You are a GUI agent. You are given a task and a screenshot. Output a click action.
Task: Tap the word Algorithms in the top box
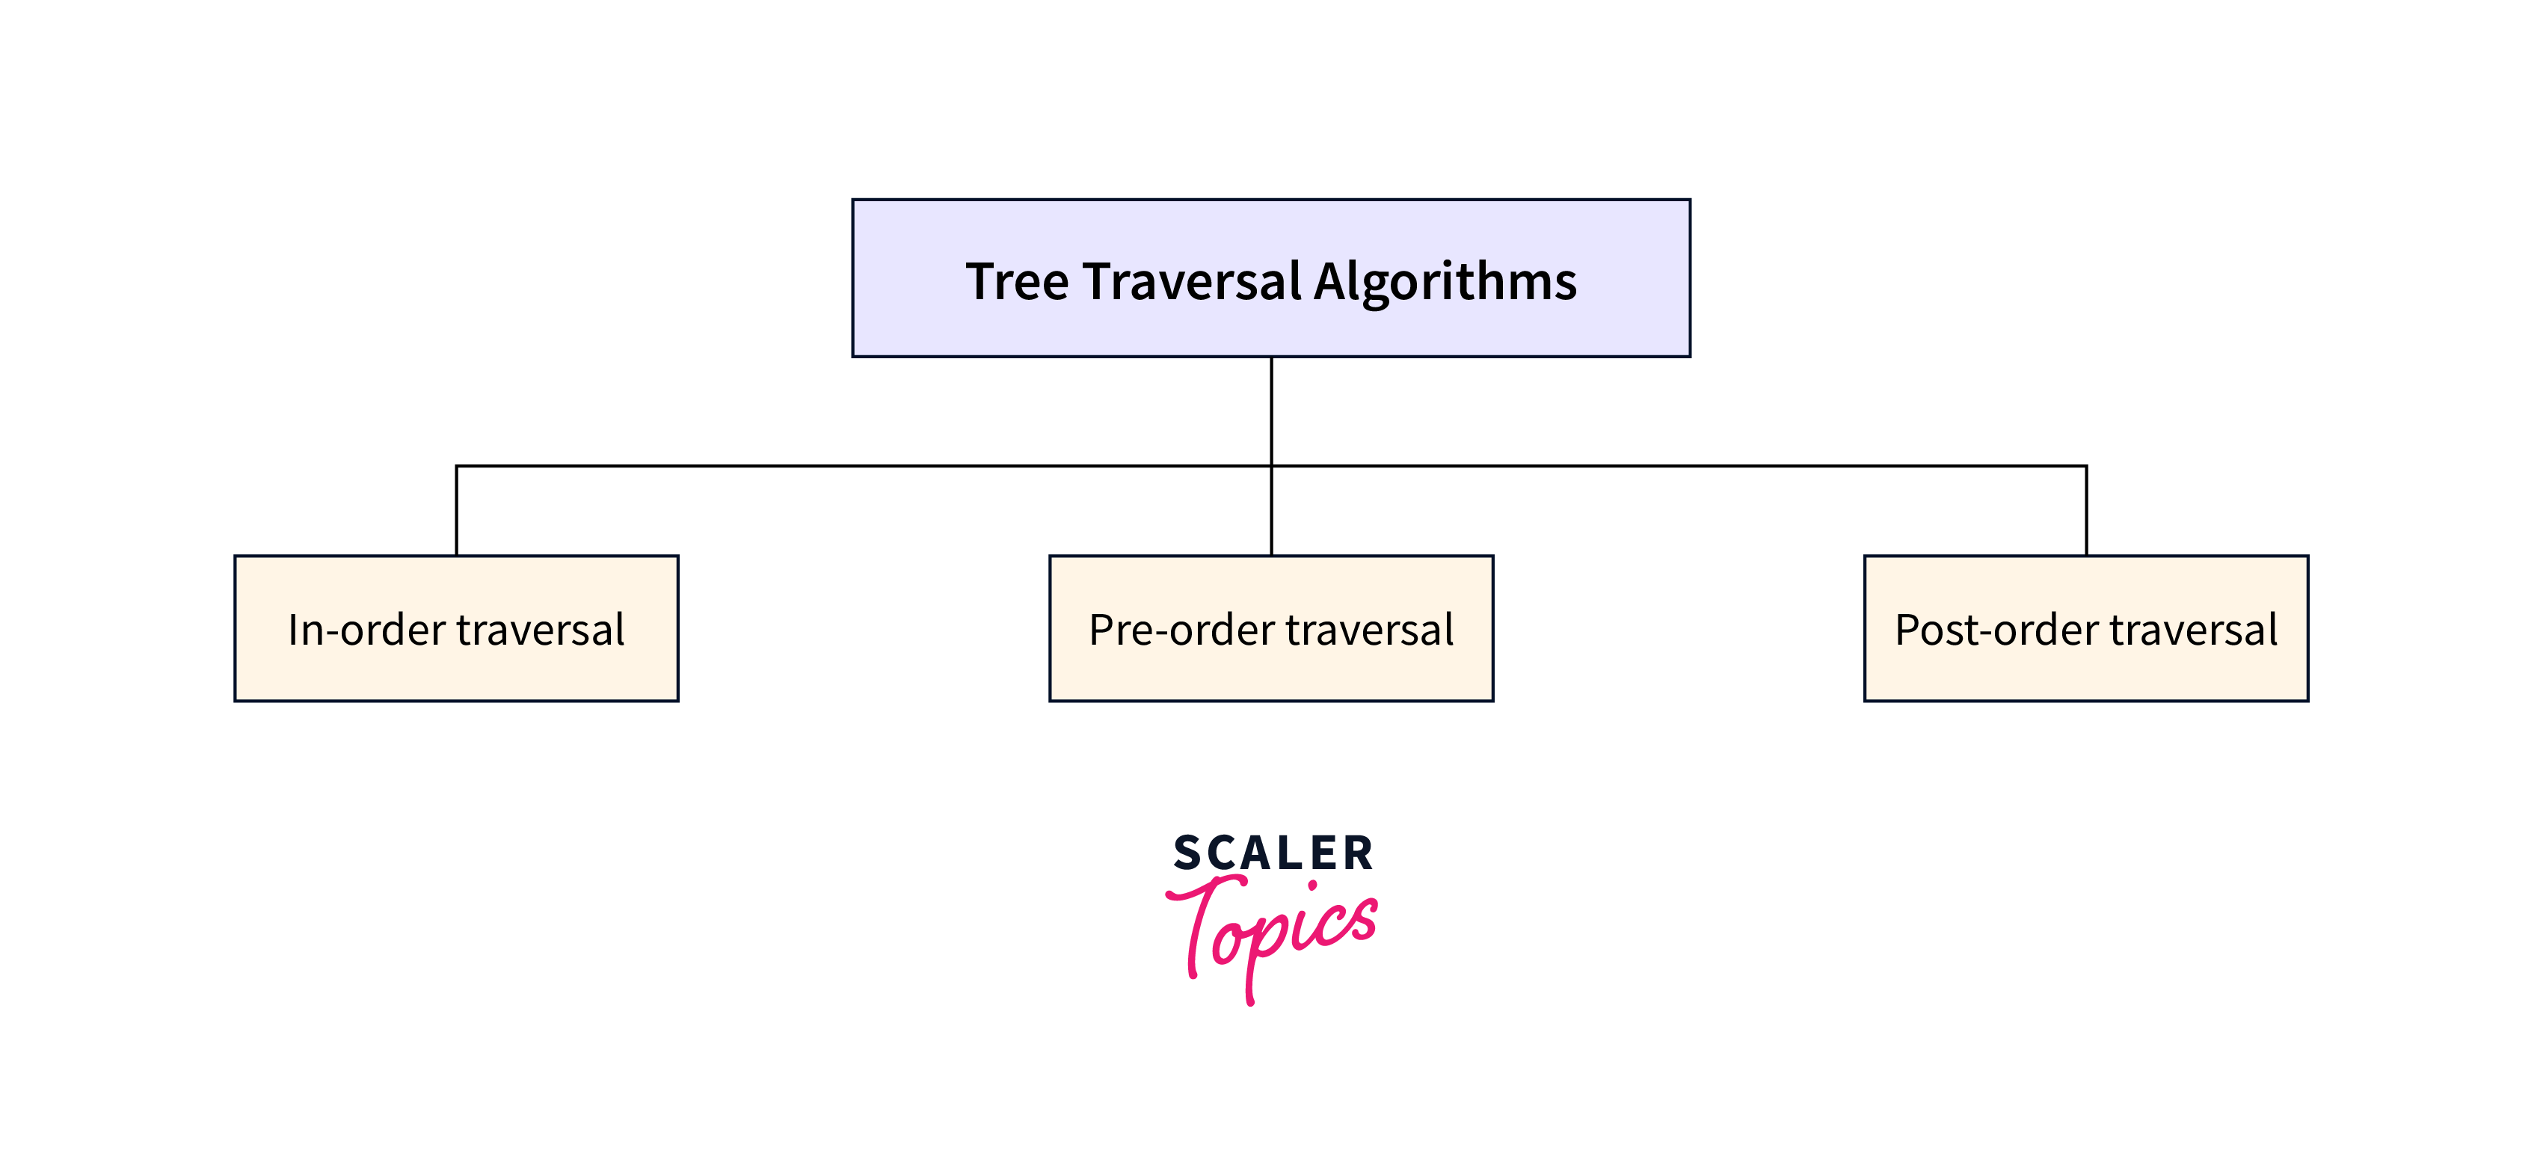pyautogui.click(x=1445, y=283)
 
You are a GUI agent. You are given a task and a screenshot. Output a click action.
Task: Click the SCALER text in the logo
pyautogui.click(x=1273, y=853)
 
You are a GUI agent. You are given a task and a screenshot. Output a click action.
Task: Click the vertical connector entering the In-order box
pyautogui.click(x=456, y=510)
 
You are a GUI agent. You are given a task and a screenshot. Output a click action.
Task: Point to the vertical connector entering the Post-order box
pyautogui.click(x=2086, y=510)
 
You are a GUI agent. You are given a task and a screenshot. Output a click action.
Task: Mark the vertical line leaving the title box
pyautogui.click(x=1271, y=410)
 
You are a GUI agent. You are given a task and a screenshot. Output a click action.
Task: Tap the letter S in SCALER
pyautogui.click(x=1187, y=853)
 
